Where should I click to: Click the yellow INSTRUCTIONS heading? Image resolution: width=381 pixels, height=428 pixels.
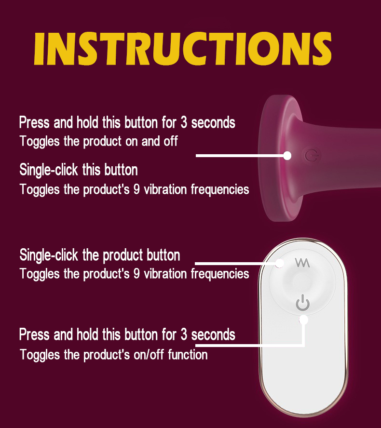182,49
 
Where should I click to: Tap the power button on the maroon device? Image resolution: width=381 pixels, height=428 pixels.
312,156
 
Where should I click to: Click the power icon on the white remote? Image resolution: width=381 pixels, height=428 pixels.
302,303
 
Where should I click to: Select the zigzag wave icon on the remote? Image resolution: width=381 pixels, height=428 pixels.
302,263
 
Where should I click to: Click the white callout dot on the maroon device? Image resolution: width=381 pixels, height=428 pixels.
287,156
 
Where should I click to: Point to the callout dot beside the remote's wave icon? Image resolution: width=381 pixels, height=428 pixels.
279,264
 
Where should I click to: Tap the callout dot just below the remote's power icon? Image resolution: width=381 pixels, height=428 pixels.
303,320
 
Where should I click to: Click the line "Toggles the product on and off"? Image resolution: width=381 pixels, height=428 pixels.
98,141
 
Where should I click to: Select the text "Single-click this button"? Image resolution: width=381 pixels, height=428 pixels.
79,170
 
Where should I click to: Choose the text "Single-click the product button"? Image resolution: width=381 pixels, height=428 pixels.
100,255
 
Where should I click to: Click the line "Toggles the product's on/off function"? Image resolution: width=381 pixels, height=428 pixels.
114,355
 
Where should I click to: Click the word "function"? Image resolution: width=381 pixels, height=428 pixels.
188,355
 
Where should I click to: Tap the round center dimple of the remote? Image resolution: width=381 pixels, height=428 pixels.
302,283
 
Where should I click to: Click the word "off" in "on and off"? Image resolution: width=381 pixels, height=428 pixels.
171,141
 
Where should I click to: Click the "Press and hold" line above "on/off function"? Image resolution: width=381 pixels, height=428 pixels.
127,334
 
